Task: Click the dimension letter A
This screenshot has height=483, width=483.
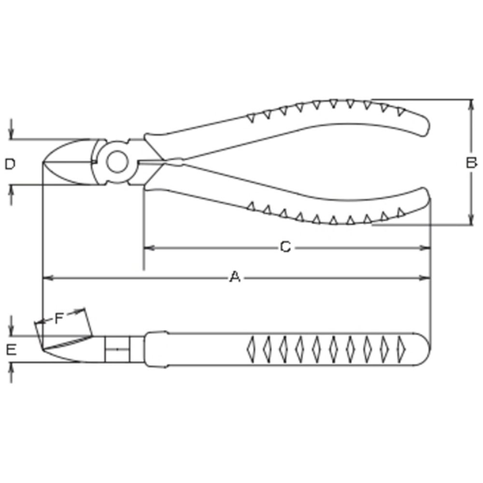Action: (235, 277)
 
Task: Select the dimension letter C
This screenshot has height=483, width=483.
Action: (285, 247)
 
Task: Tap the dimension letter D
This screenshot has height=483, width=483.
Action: (10, 164)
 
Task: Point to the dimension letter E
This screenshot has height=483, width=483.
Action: (11, 350)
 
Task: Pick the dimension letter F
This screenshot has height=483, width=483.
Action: (59, 318)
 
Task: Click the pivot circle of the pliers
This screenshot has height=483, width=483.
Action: (117, 162)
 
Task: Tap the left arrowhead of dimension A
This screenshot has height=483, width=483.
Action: (48, 278)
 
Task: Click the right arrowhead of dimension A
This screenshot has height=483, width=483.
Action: (424, 278)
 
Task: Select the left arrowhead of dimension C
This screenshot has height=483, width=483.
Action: (149, 248)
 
